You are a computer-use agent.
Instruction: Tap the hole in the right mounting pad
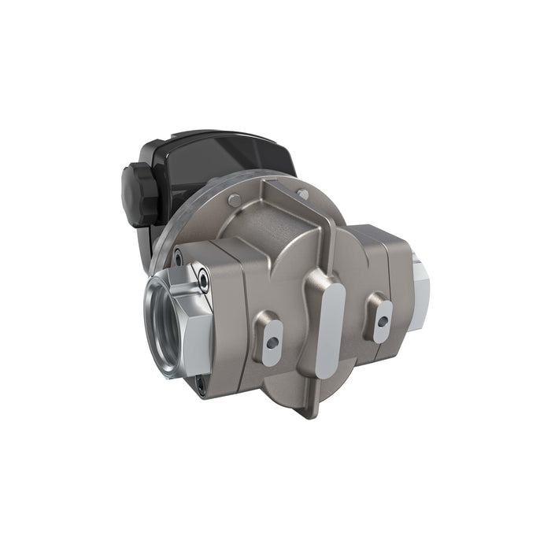pyautogui.click(x=383, y=320)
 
